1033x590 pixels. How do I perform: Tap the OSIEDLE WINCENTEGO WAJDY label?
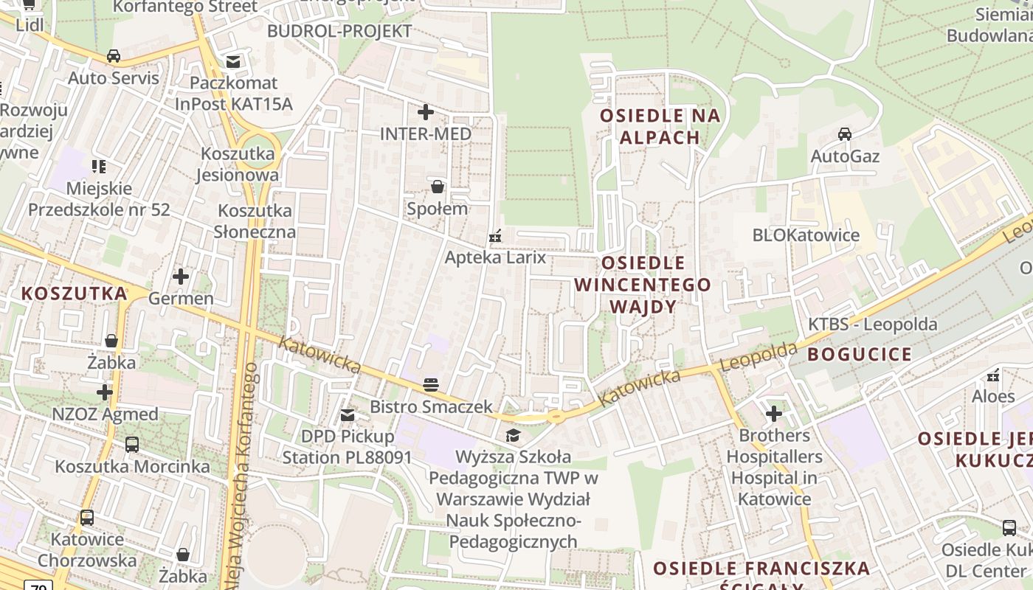(x=643, y=285)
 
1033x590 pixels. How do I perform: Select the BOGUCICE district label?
(x=859, y=354)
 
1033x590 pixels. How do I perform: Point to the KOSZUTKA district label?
(x=74, y=294)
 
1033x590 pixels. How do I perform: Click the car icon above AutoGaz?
(x=845, y=134)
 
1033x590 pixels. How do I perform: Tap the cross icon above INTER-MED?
(x=426, y=112)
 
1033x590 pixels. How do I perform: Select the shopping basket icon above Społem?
(x=438, y=186)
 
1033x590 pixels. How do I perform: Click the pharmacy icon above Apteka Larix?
(x=495, y=236)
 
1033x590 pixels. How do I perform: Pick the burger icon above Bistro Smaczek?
(x=431, y=384)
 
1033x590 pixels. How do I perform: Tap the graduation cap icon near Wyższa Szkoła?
(x=513, y=435)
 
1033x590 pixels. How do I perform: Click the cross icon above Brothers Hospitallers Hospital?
(x=774, y=414)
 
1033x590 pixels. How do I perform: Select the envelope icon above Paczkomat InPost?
(x=233, y=61)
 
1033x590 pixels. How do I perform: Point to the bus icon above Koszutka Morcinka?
(x=132, y=445)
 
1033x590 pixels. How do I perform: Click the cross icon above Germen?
(x=181, y=277)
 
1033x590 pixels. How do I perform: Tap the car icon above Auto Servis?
(x=114, y=56)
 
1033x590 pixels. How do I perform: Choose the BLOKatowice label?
(x=806, y=235)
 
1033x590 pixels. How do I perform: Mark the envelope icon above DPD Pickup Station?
(x=348, y=415)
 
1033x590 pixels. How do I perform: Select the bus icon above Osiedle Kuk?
(x=1009, y=528)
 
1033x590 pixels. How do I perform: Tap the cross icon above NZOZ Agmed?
(x=105, y=392)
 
